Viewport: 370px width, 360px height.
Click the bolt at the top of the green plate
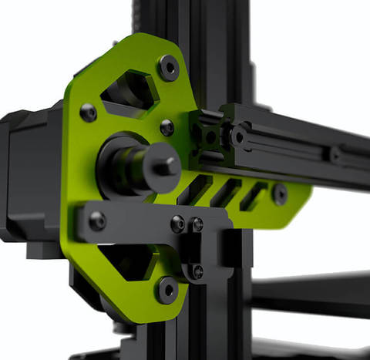[168, 67]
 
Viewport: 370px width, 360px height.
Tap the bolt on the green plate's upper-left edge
[89, 113]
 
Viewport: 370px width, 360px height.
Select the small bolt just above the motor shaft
[166, 128]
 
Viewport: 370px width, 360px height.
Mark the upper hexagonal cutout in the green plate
[129, 92]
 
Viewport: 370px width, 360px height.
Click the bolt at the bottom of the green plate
[166, 290]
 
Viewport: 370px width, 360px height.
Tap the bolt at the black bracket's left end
[97, 221]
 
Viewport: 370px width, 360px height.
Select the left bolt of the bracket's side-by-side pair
[178, 224]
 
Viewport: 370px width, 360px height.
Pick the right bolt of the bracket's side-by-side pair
[197, 224]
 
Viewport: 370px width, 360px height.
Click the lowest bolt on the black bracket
[197, 271]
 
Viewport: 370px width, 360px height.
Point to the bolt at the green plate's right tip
[279, 193]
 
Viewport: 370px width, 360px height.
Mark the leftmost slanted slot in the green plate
[199, 189]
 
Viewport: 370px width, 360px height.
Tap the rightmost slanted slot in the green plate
[253, 196]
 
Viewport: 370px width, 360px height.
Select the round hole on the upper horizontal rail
[239, 138]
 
